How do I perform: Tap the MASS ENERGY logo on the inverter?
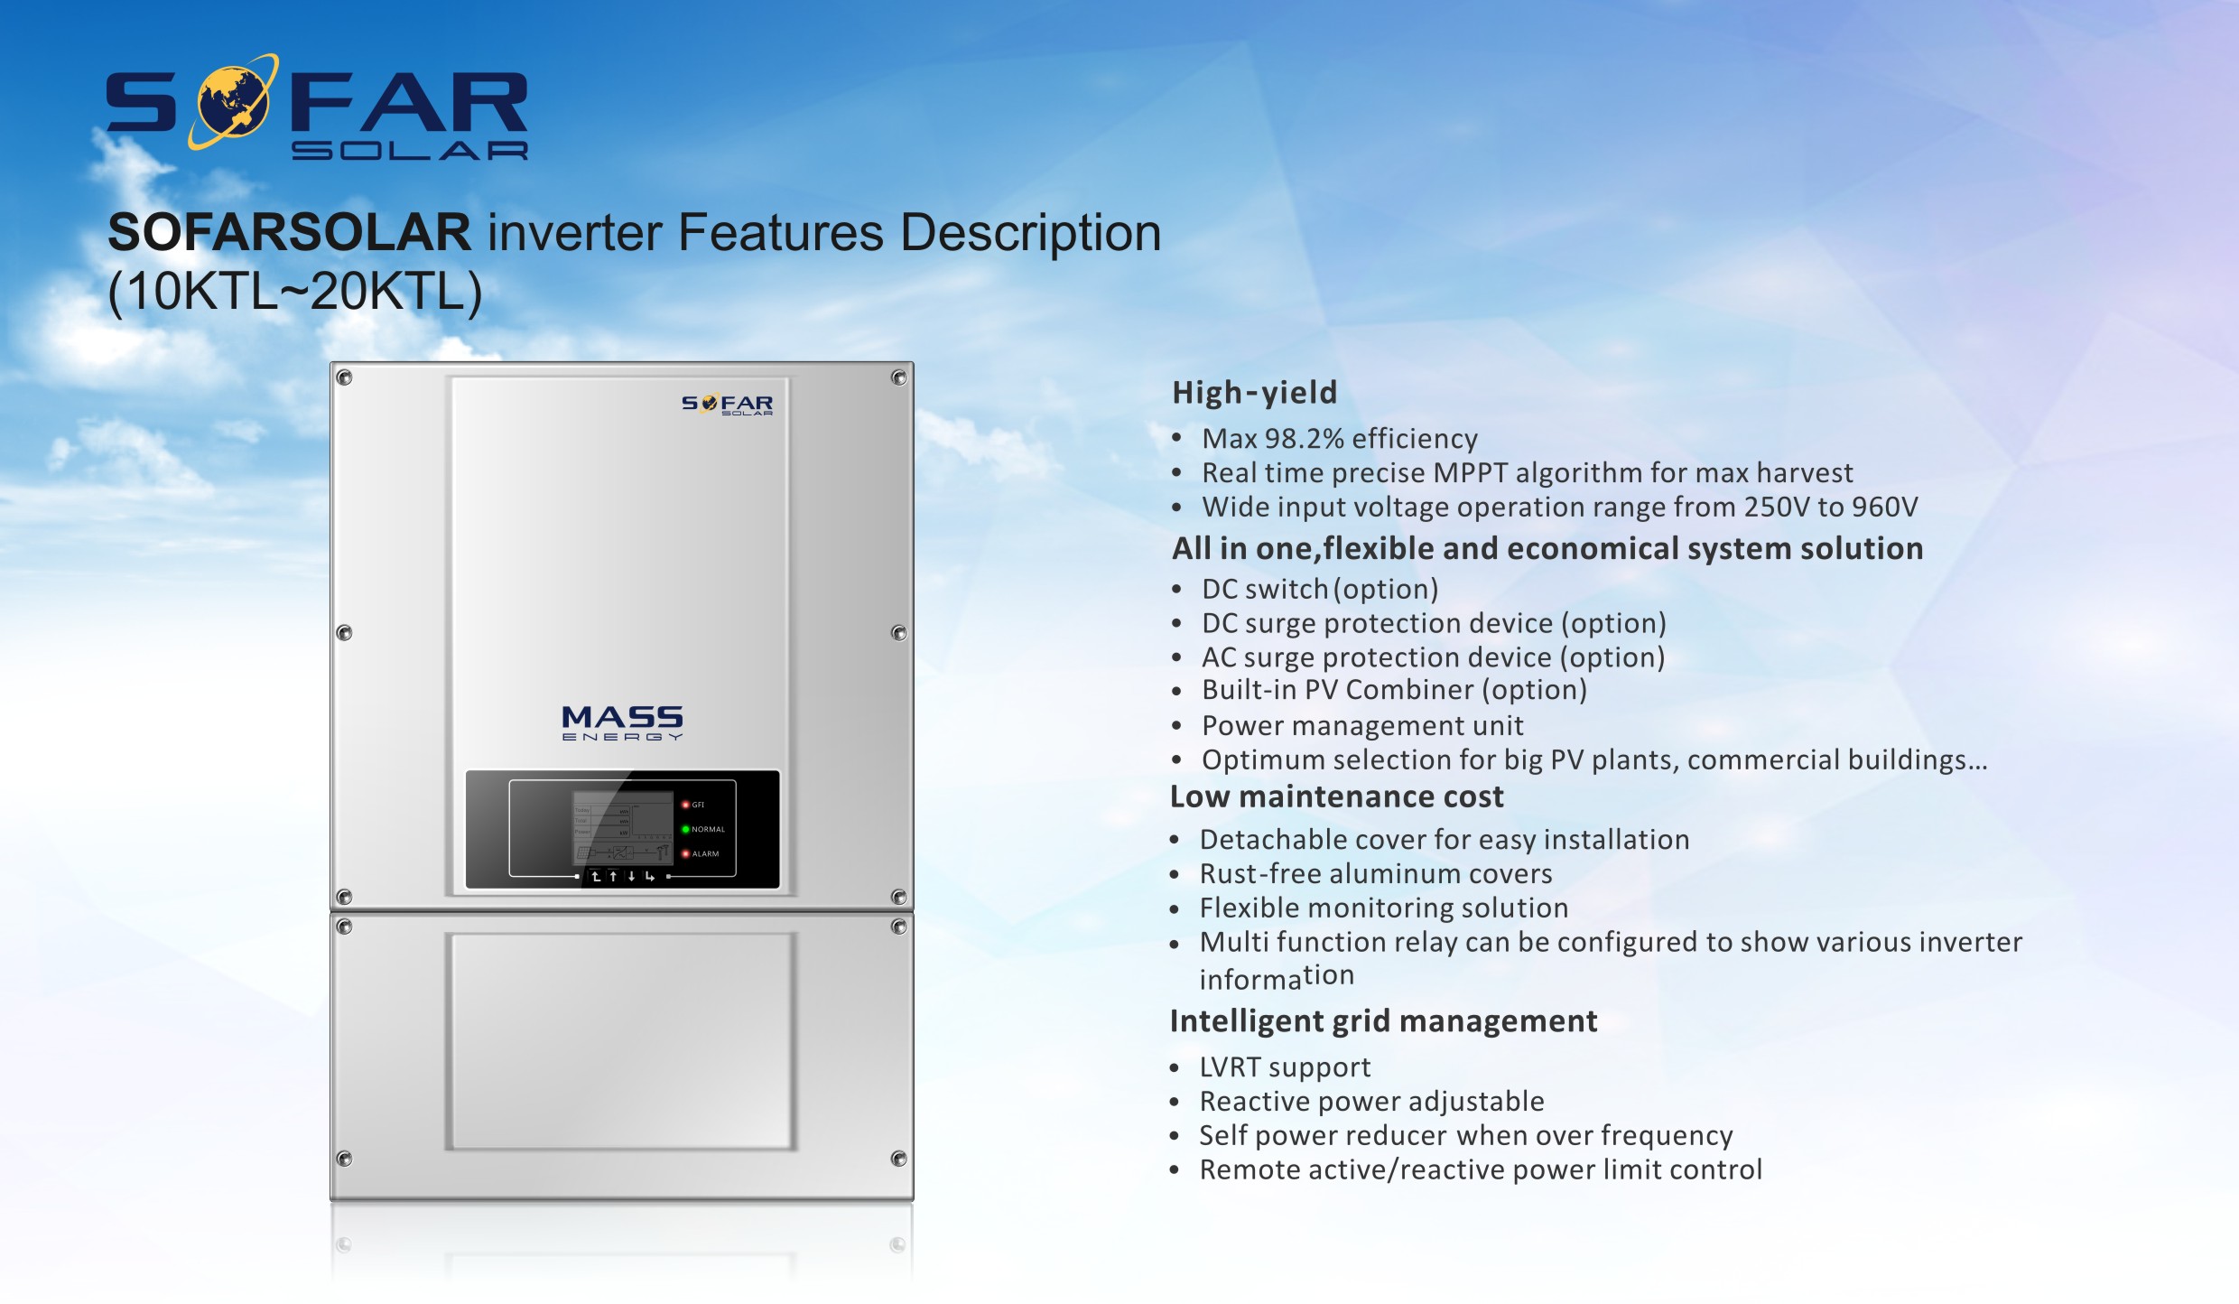tap(622, 722)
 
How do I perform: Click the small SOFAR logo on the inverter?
tap(727, 405)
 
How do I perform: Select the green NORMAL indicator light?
tap(685, 829)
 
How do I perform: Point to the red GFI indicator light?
tap(685, 805)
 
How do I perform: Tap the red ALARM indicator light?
tap(685, 853)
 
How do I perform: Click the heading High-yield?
tap(1254, 393)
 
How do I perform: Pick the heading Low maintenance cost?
tap(1336, 796)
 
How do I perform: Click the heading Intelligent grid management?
tap(1383, 1021)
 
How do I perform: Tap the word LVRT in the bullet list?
tap(1230, 1067)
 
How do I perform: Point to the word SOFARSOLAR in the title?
tap(289, 232)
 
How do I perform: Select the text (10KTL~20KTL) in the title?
tap(295, 291)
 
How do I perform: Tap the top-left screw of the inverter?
tap(344, 377)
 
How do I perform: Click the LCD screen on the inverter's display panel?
tap(624, 828)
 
